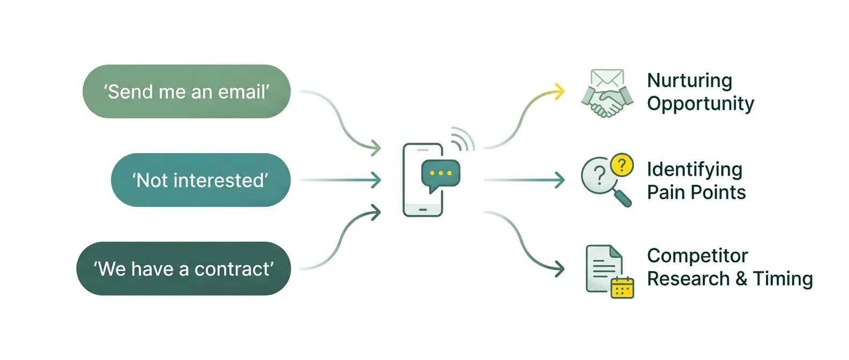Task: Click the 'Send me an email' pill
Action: point(187,92)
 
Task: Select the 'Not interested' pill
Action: point(200,180)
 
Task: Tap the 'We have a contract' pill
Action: point(183,268)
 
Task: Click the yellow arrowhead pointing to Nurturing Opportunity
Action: point(559,91)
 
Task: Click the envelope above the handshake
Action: point(607,79)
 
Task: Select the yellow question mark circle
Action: point(622,164)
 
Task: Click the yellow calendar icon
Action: point(622,288)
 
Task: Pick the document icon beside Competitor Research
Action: point(602,268)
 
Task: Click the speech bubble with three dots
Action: point(441,175)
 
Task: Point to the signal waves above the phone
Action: point(463,138)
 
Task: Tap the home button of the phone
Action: point(422,209)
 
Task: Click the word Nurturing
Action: point(689,80)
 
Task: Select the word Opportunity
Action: point(701,104)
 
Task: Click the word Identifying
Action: point(694,169)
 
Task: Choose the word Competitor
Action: point(697,256)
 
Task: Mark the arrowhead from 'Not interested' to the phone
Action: point(376,180)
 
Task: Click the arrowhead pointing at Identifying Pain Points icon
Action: point(560,180)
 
